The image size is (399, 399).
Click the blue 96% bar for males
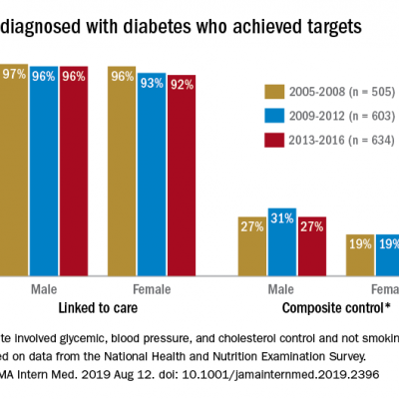[43, 170]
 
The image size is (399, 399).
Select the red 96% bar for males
[73, 170]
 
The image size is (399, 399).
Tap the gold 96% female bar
[122, 170]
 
